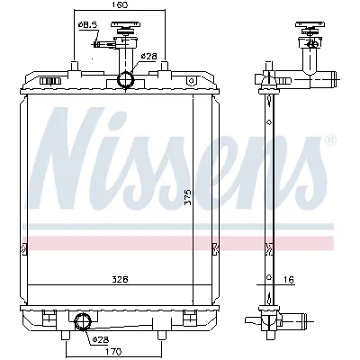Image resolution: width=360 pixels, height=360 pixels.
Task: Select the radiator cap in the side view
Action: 311,38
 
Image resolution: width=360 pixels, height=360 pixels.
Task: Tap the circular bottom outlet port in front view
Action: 83,322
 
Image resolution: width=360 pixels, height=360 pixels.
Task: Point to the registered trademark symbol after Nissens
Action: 329,141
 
